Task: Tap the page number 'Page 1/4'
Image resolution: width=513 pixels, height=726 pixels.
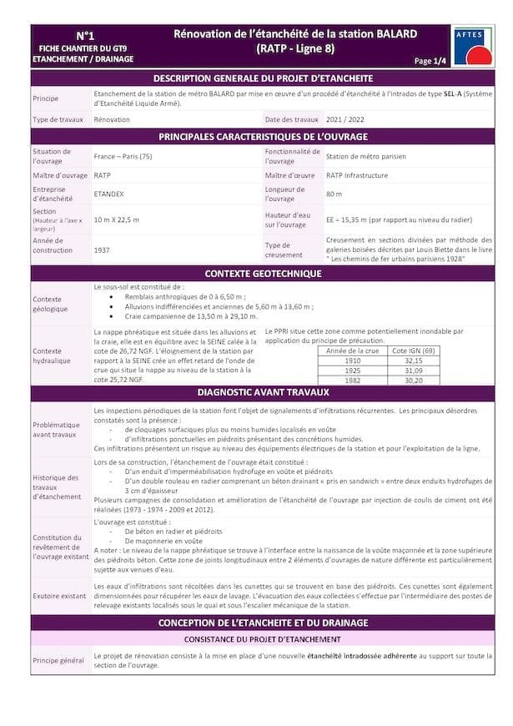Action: tap(430, 61)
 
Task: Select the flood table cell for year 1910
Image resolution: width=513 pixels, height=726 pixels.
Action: tap(353, 360)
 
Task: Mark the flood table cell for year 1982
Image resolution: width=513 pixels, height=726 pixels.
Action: tap(353, 380)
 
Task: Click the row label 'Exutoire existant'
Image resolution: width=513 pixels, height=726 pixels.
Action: tap(59, 597)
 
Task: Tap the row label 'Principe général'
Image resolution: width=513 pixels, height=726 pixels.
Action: tap(58, 660)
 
